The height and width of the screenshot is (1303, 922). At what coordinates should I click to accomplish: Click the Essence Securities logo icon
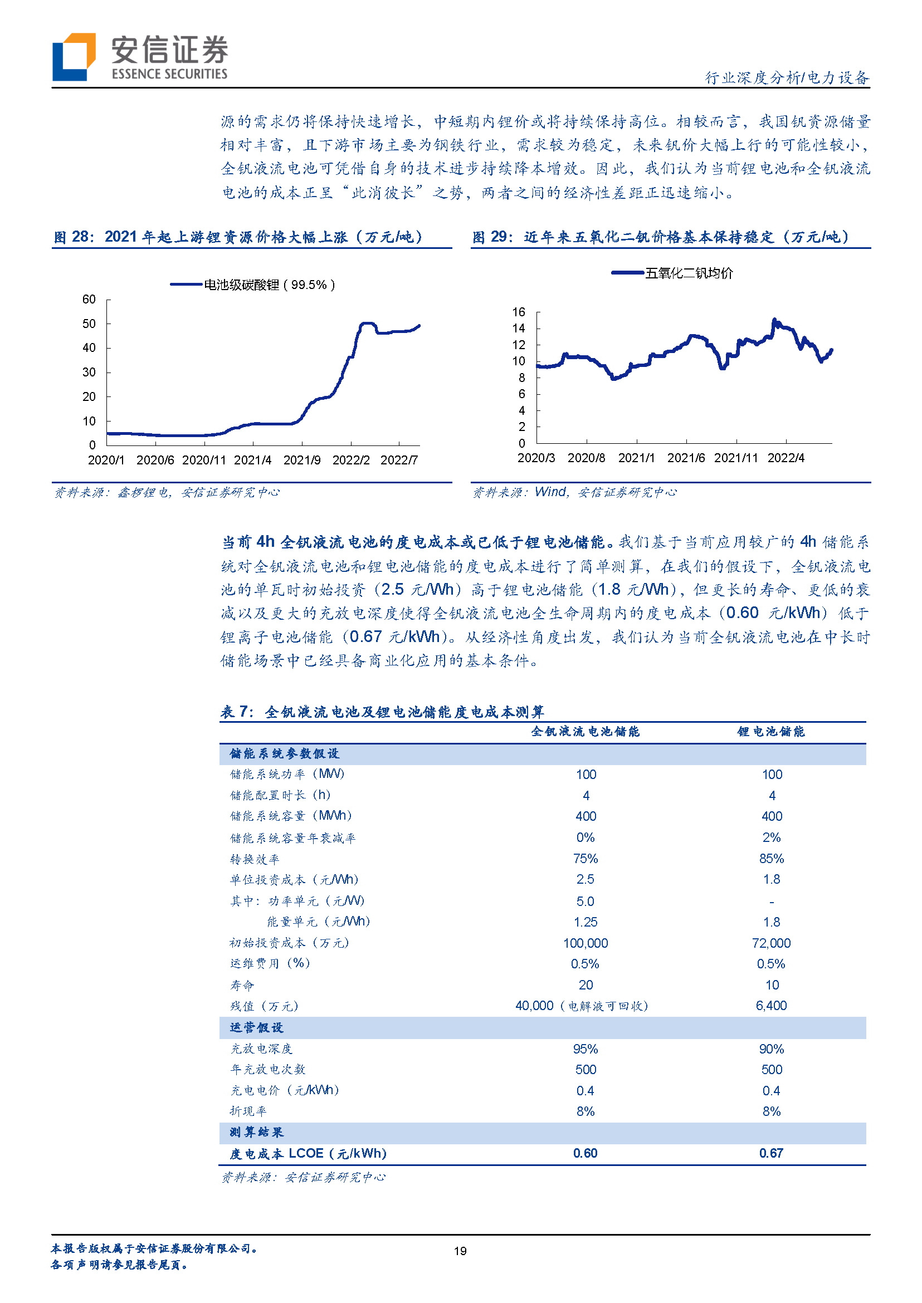click(73, 57)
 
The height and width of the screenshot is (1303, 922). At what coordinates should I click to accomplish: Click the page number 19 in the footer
click(460, 1251)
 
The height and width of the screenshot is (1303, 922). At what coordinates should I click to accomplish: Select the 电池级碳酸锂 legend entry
click(253, 285)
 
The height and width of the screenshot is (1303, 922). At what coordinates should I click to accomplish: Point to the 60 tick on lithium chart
click(89, 299)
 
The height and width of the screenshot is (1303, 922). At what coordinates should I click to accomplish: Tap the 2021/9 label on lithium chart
click(302, 461)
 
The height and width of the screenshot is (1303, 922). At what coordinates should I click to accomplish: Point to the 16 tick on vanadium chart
click(518, 312)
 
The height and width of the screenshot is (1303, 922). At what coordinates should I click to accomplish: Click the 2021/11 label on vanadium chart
click(736, 458)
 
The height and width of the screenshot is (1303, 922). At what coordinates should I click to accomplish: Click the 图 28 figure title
click(238, 237)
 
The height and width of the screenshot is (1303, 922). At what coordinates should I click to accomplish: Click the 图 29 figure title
click(661, 237)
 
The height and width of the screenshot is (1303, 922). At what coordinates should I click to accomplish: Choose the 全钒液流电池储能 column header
click(586, 732)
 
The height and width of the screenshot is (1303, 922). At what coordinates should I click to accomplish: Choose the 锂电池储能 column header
click(771, 732)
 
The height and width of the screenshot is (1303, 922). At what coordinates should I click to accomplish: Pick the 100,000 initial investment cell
click(586, 943)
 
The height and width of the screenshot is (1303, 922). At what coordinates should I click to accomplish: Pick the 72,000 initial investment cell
click(771, 943)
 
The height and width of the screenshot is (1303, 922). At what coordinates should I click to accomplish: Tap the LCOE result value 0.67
click(771, 1153)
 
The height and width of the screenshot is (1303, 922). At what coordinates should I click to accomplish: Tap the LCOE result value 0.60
click(586, 1153)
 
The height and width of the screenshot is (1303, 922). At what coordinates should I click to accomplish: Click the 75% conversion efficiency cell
click(586, 859)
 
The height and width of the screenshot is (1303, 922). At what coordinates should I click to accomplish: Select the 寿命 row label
click(242, 986)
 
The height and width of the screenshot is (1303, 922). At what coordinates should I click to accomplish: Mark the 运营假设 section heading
click(257, 1028)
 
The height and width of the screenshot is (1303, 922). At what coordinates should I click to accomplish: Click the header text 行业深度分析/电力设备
click(787, 78)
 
